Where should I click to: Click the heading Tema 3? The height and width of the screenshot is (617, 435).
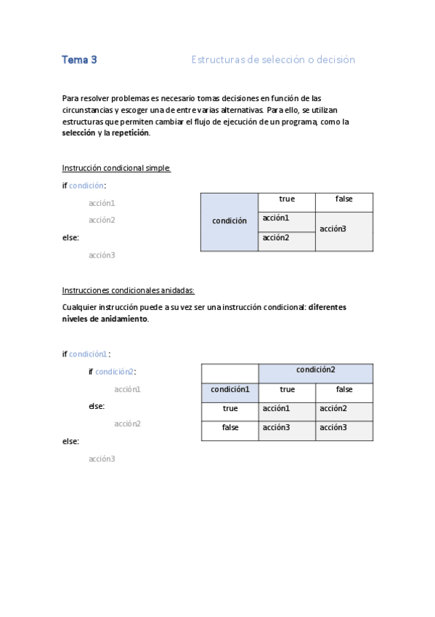point(79,60)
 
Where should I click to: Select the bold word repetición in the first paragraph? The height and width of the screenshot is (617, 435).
point(131,133)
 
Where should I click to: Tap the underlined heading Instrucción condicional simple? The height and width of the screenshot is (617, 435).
point(116,168)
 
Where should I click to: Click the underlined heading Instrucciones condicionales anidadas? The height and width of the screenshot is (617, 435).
point(129,290)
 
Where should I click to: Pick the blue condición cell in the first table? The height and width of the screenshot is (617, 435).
point(229,221)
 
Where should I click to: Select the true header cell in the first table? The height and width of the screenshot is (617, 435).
point(286,199)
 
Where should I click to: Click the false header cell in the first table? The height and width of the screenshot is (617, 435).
point(343,199)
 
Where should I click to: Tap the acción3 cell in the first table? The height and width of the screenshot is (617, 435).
point(343,229)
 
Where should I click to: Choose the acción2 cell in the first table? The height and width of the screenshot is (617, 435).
point(286,238)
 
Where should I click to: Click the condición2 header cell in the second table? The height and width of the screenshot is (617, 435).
point(315,370)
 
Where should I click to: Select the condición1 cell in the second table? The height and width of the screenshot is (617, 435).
point(229,390)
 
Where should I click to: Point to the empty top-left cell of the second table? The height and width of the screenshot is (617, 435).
point(229,372)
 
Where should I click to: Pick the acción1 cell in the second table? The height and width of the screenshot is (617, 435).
point(286,409)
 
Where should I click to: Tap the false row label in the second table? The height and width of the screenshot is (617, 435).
point(229,428)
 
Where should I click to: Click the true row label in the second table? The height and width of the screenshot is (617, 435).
point(229,409)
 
